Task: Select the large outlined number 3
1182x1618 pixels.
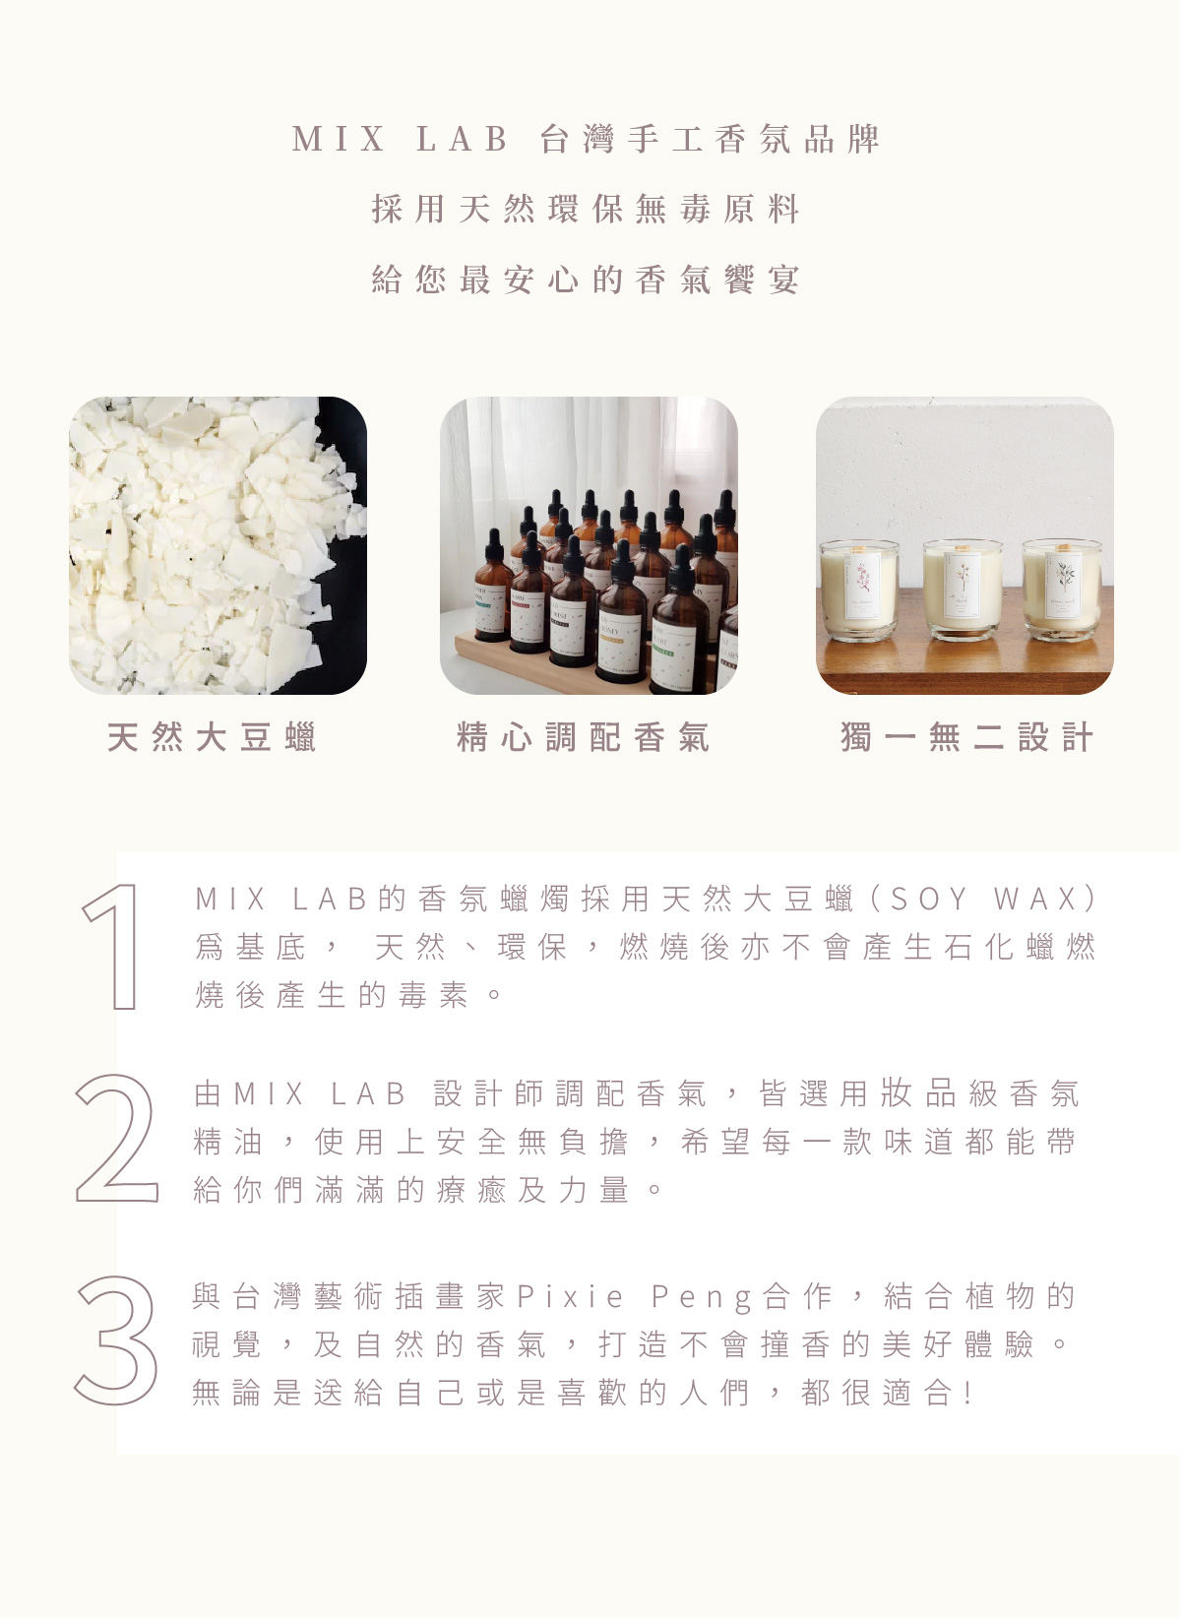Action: (115, 1340)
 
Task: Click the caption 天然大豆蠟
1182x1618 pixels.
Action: (211, 737)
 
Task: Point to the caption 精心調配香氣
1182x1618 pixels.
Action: (583, 737)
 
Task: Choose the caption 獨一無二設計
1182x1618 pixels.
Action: (966, 737)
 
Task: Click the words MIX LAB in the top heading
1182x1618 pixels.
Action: (400, 139)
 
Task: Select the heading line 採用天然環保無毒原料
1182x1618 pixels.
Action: (586, 210)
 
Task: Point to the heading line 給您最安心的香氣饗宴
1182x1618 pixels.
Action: (586, 280)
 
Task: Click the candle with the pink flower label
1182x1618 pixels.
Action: (860, 590)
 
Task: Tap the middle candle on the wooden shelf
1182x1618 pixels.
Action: (964, 590)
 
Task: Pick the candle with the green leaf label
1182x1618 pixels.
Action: (1063, 590)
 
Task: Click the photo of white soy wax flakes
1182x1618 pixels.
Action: (218, 545)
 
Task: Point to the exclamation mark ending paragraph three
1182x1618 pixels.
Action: (968, 1393)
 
